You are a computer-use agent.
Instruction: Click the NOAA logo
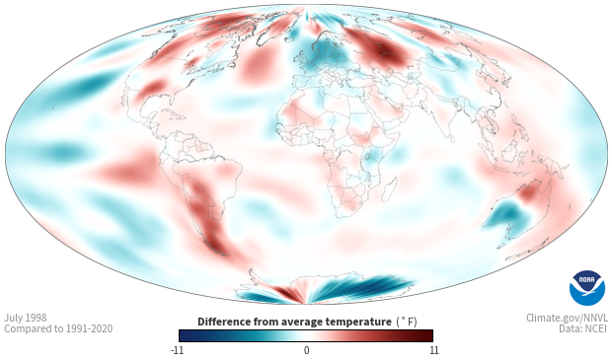587,288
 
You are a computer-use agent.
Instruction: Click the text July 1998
26,318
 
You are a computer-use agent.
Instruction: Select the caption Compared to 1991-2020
58,328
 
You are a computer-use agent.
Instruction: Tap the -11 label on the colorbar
177,350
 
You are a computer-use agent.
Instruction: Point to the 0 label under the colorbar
306,350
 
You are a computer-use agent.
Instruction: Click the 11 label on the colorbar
433,350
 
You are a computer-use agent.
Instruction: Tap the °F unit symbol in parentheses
407,323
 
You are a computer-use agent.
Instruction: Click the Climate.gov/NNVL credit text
567,318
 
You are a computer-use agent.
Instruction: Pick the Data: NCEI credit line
583,328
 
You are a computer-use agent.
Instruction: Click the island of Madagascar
389,189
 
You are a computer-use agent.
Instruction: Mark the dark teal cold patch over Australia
507,214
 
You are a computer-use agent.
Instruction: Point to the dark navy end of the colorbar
186,335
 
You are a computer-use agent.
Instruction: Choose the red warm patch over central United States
153,88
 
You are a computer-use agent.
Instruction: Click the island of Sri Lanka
452,138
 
